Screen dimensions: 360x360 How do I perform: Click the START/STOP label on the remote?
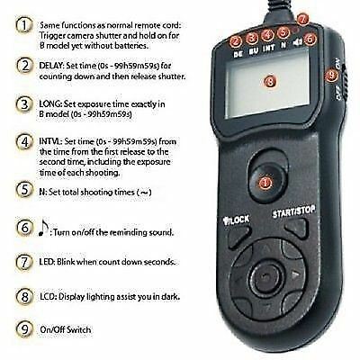pyautogui.click(x=294, y=214)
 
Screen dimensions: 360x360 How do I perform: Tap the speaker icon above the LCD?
pyautogui.click(x=298, y=52)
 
